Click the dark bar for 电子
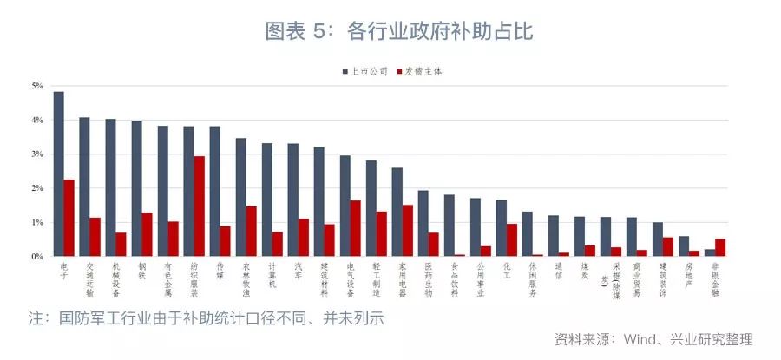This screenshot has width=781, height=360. pos(58,173)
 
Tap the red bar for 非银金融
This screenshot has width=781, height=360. pos(719,247)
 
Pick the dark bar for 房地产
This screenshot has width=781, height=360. pos(684,246)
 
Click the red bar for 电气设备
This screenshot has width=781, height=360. pos(355,228)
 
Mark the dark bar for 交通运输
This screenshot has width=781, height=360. pos(84,187)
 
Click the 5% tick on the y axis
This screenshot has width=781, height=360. pos(37,86)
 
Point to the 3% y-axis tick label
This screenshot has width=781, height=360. pos(37,154)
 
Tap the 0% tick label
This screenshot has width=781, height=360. pos(37,257)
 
